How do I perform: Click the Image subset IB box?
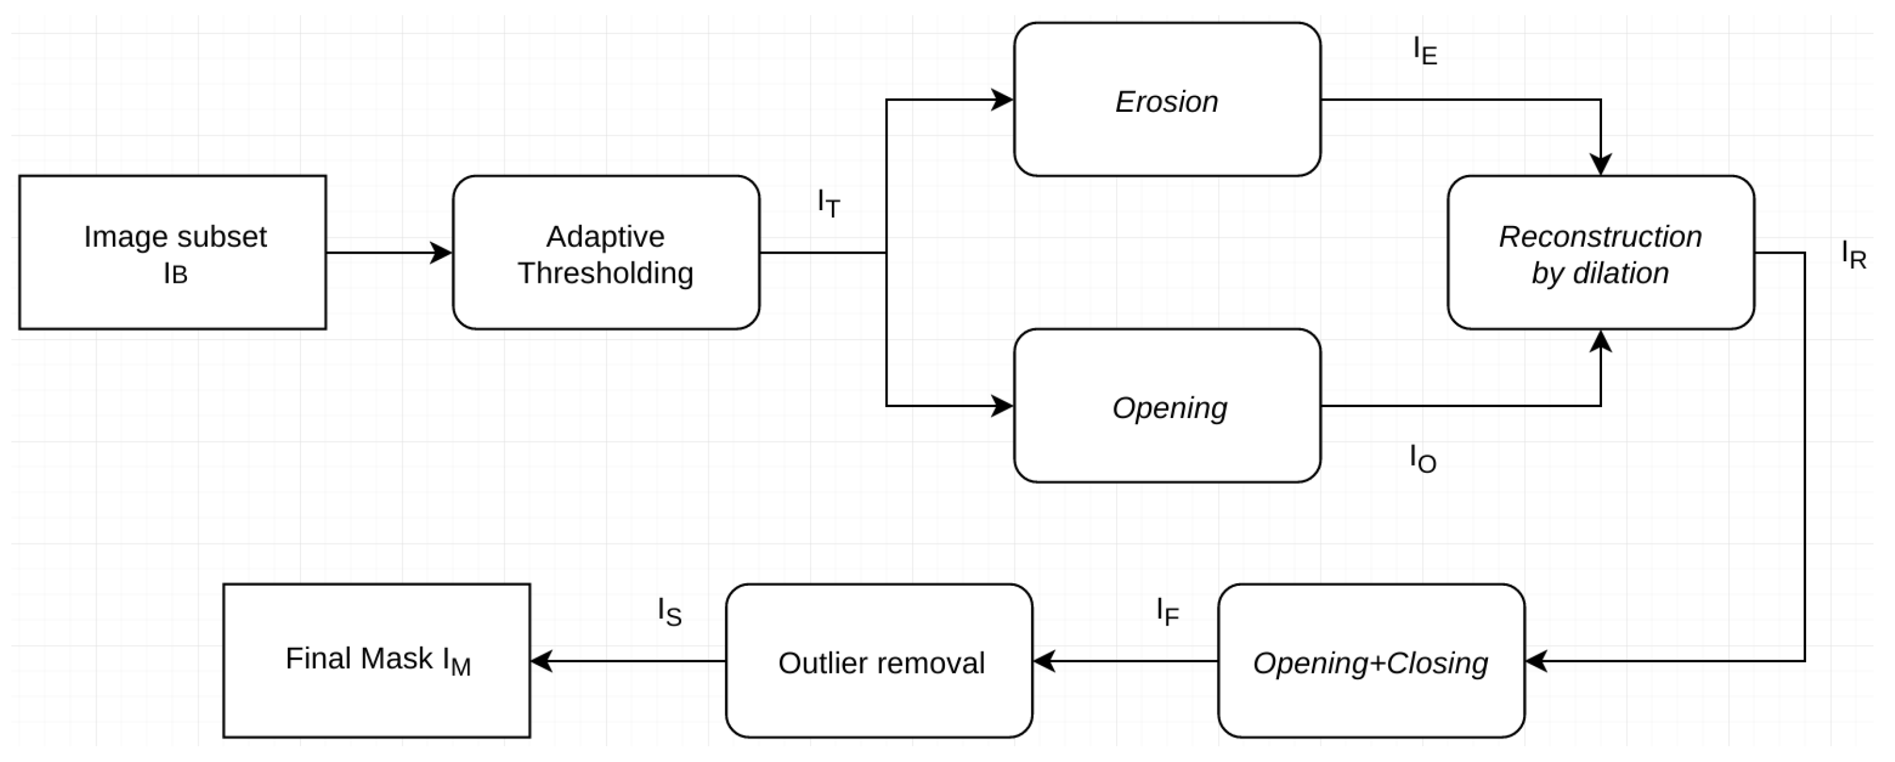click(x=173, y=253)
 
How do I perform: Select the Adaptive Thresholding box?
click(x=605, y=253)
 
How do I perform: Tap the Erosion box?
click(x=1167, y=99)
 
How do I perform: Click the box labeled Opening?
click(x=1167, y=405)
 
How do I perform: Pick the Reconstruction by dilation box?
click(x=1600, y=253)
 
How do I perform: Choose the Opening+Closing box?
click(x=1370, y=660)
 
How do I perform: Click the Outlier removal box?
click(x=879, y=660)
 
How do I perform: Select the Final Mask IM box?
click(x=377, y=660)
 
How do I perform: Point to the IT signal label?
click(x=828, y=203)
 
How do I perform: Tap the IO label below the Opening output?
click(x=1423, y=459)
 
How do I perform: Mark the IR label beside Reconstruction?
click(x=1854, y=254)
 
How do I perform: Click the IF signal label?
click(x=1167, y=611)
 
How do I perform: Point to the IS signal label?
click(x=669, y=612)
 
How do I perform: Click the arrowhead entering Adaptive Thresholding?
click(x=441, y=253)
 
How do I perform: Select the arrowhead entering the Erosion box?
click(x=1002, y=99)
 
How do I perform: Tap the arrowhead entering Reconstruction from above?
click(x=1601, y=164)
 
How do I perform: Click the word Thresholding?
click(x=605, y=273)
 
